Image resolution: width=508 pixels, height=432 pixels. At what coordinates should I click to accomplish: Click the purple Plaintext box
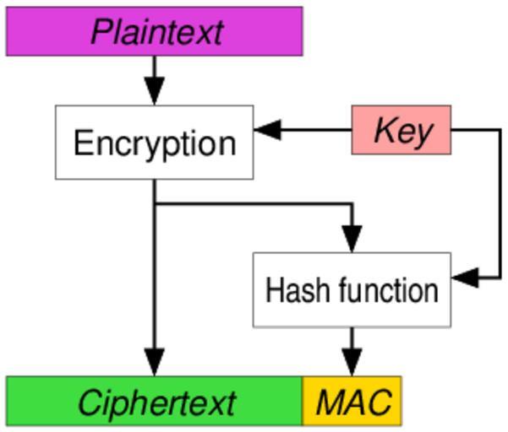pyautogui.click(x=154, y=31)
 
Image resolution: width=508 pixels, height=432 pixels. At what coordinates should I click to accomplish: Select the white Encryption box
pyautogui.click(x=154, y=142)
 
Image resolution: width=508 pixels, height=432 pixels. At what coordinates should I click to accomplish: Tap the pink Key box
pyautogui.click(x=401, y=130)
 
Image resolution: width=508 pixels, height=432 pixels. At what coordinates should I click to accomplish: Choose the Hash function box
pyautogui.click(x=352, y=289)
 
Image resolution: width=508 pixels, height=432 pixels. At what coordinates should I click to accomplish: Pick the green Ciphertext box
pyautogui.click(x=154, y=401)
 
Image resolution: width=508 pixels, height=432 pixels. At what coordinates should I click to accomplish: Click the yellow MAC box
pyautogui.click(x=352, y=401)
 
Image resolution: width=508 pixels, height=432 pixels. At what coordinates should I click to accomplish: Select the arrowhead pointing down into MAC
pyautogui.click(x=352, y=363)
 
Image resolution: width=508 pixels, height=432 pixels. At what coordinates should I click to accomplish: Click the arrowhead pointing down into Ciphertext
pyautogui.click(x=154, y=363)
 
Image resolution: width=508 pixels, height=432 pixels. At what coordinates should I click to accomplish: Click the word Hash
pyautogui.click(x=291, y=290)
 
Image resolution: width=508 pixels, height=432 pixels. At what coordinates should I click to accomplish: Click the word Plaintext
pyautogui.click(x=156, y=32)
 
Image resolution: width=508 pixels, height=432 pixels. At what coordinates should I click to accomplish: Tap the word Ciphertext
pyautogui.click(x=156, y=402)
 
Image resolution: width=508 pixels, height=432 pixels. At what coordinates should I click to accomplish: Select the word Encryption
pyautogui.click(x=154, y=143)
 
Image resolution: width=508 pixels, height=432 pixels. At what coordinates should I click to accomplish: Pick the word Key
pyautogui.click(x=402, y=131)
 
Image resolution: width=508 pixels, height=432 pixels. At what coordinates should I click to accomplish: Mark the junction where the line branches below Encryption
pyautogui.click(x=154, y=203)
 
